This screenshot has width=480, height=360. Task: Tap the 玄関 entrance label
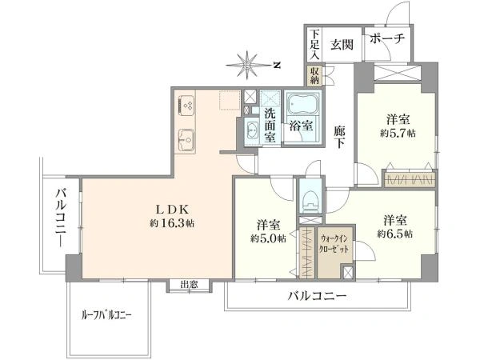tap(342, 45)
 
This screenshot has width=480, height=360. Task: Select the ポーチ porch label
tap(387, 38)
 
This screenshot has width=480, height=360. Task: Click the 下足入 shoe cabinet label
tap(314, 45)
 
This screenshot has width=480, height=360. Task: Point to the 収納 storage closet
tap(314, 76)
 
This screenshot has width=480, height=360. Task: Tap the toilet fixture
tap(310, 202)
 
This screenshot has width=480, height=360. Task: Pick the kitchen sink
tap(186, 140)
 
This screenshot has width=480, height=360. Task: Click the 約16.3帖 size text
tap(172, 223)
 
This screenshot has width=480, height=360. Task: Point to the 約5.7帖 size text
tap(398, 134)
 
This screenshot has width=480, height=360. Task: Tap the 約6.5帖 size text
tap(395, 234)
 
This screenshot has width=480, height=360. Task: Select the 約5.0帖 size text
tap(269, 238)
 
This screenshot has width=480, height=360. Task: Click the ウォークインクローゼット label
tap(334, 244)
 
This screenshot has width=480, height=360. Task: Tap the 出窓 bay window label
tap(189, 284)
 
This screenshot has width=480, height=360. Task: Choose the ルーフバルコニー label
tap(106, 315)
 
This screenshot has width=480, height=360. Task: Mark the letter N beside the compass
tap(277, 66)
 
